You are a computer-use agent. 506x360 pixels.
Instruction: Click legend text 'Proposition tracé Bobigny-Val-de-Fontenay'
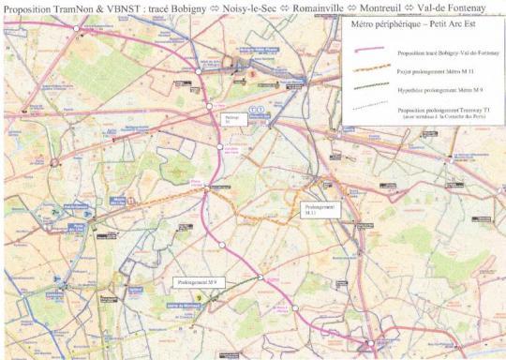coord(445,55)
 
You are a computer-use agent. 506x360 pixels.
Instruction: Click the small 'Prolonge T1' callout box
coord(233,119)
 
